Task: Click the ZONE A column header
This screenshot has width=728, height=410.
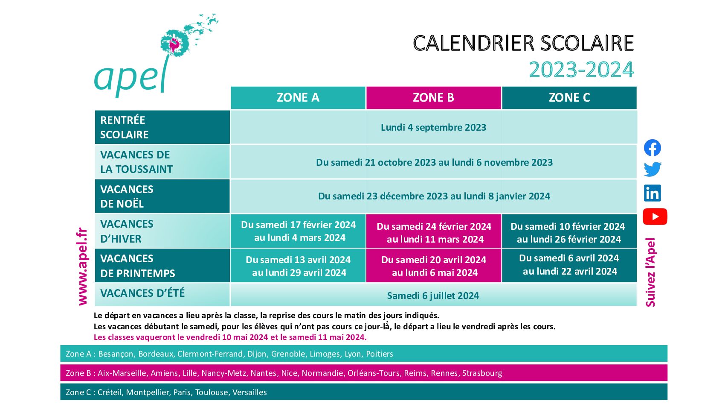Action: (x=298, y=98)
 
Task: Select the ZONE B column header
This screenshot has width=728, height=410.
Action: (x=434, y=98)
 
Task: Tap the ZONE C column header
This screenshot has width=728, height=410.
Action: (x=569, y=98)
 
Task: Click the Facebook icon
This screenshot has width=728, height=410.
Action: (x=653, y=148)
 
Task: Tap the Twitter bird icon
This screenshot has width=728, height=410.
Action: (x=653, y=169)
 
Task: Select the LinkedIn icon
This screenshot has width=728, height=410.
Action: (x=653, y=193)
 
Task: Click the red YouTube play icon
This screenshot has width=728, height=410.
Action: (x=655, y=217)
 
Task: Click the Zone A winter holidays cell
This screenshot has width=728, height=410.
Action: (x=298, y=231)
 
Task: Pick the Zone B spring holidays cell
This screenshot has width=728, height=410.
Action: (x=434, y=266)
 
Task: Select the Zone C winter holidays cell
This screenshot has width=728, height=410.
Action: (x=569, y=231)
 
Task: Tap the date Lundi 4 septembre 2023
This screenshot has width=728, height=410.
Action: (x=434, y=127)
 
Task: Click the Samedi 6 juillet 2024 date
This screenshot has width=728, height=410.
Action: (x=433, y=296)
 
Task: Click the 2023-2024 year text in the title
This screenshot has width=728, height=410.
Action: (x=581, y=70)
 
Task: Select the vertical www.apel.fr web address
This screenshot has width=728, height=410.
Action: (x=83, y=266)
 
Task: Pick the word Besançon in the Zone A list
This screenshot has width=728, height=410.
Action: (x=116, y=354)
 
